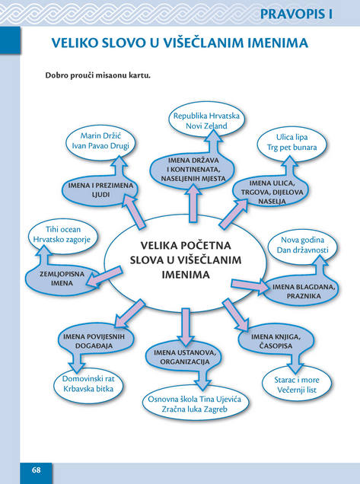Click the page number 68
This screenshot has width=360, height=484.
click(36, 470)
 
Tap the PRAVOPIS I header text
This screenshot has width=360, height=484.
click(296, 14)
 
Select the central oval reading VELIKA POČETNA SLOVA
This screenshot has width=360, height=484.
click(185, 262)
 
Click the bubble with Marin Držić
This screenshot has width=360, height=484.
click(100, 141)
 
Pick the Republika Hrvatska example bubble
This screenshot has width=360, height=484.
click(206, 121)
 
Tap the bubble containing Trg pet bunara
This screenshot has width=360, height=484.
click(292, 142)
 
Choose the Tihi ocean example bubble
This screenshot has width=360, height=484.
click(63, 234)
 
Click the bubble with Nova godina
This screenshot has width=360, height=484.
click(302, 245)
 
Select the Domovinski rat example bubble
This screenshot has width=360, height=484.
click(88, 384)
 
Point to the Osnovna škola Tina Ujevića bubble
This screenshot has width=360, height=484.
click(195, 404)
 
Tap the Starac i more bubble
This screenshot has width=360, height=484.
click(297, 384)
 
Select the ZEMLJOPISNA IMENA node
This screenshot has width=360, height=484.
click(62, 279)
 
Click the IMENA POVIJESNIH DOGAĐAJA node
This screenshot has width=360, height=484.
click(95, 341)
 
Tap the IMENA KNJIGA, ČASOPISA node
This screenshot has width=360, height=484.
click(276, 341)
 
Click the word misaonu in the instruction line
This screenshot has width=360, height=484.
click(109, 75)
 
